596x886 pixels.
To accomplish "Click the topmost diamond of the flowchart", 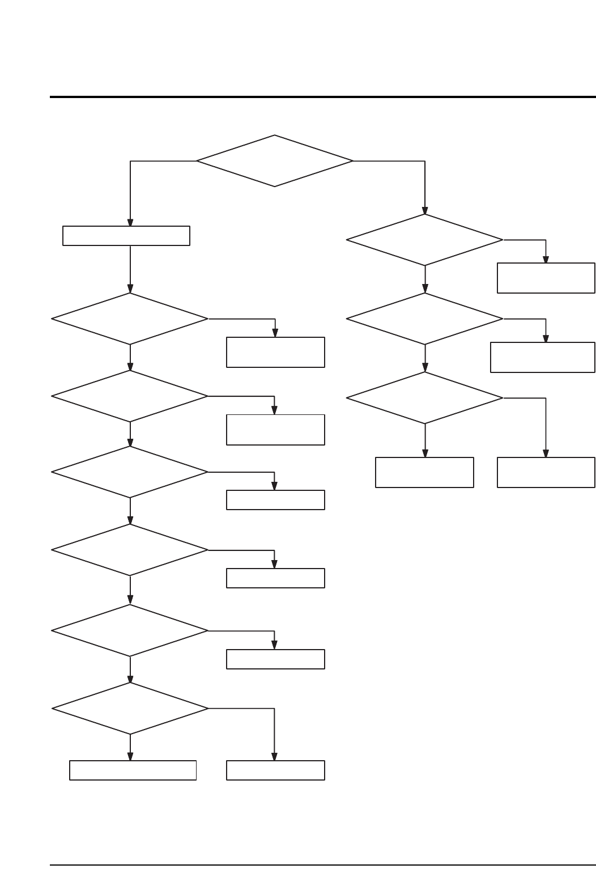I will coord(275,161).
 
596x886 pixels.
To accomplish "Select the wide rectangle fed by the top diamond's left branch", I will coord(126,236).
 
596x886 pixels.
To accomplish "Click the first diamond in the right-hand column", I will coord(424,240).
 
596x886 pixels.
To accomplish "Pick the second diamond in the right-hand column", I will coord(424,319).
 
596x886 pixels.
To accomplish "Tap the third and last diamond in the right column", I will coord(424,398).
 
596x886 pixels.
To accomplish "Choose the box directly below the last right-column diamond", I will coord(424,472).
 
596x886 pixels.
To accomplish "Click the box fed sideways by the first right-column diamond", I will coord(546,278).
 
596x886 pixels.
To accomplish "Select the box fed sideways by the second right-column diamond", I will coord(542,357).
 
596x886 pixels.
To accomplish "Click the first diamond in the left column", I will coord(130,319).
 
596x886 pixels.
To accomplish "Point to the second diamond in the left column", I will coord(130,396).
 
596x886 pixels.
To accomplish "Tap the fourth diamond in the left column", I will coord(130,550).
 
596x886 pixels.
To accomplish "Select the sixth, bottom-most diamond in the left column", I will coord(130,709).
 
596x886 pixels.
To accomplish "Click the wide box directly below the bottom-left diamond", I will coord(133,770).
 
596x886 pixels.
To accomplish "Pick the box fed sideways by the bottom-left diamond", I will coord(275,770).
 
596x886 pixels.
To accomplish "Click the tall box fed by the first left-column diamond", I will coord(275,352).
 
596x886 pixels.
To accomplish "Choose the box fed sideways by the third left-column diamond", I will coord(275,500).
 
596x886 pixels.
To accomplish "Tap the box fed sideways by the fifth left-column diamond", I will coord(275,659).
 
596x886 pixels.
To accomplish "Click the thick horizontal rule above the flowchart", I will coord(323,97).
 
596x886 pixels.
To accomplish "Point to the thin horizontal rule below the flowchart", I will coord(323,865).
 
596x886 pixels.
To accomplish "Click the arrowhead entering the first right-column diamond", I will coord(425,210).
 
